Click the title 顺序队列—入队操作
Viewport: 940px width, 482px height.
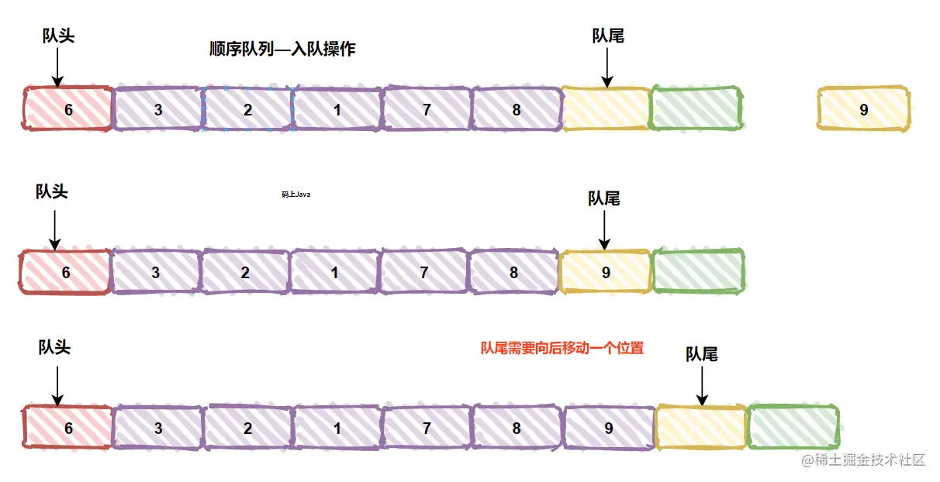click(x=282, y=50)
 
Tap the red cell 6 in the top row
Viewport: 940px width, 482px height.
click(x=68, y=109)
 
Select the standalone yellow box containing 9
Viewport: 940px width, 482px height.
click(x=863, y=109)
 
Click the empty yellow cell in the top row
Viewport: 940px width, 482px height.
click(x=605, y=109)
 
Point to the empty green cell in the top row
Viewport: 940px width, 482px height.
click(x=696, y=109)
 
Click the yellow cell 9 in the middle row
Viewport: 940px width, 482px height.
click(x=605, y=272)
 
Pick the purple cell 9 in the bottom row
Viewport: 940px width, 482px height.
click(x=609, y=428)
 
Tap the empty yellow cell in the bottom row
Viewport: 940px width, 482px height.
click(x=700, y=428)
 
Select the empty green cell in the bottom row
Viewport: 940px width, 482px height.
click(x=793, y=428)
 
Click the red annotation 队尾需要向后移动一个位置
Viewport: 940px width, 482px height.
click(x=562, y=349)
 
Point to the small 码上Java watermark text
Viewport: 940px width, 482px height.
click(x=295, y=195)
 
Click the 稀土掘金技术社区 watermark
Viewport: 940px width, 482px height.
click(x=864, y=460)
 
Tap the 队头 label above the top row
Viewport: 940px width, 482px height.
click(x=58, y=36)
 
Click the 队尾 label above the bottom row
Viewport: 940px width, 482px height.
click(x=701, y=354)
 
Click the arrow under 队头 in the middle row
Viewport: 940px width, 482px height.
click(x=54, y=229)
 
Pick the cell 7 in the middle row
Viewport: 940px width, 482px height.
click(x=423, y=272)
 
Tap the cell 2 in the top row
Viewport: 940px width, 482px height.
click(x=247, y=109)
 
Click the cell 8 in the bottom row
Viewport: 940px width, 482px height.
click(x=517, y=428)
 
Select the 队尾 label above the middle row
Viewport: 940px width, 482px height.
click(x=603, y=199)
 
